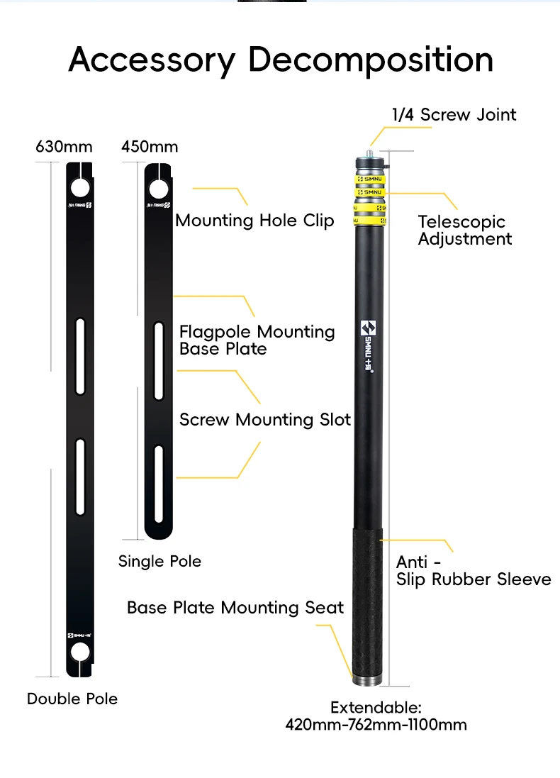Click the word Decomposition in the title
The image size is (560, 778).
(x=371, y=61)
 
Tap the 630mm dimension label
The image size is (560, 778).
(x=64, y=147)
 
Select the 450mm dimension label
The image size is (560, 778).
(x=150, y=147)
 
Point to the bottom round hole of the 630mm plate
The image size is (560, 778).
(x=79, y=651)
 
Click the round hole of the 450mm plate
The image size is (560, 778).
(x=159, y=187)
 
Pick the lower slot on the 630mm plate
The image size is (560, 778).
(x=80, y=477)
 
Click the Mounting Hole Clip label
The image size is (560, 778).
(x=254, y=220)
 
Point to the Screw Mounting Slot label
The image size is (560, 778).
(x=265, y=420)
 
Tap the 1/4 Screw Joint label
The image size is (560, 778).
(x=454, y=115)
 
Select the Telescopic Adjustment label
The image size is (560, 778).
(x=464, y=230)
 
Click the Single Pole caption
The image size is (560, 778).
(x=159, y=561)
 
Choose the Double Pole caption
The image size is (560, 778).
(x=72, y=699)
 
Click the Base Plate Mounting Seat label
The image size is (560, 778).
(x=235, y=608)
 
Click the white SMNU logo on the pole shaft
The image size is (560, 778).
(x=367, y=348)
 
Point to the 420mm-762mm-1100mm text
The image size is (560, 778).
(x=376, y=724)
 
